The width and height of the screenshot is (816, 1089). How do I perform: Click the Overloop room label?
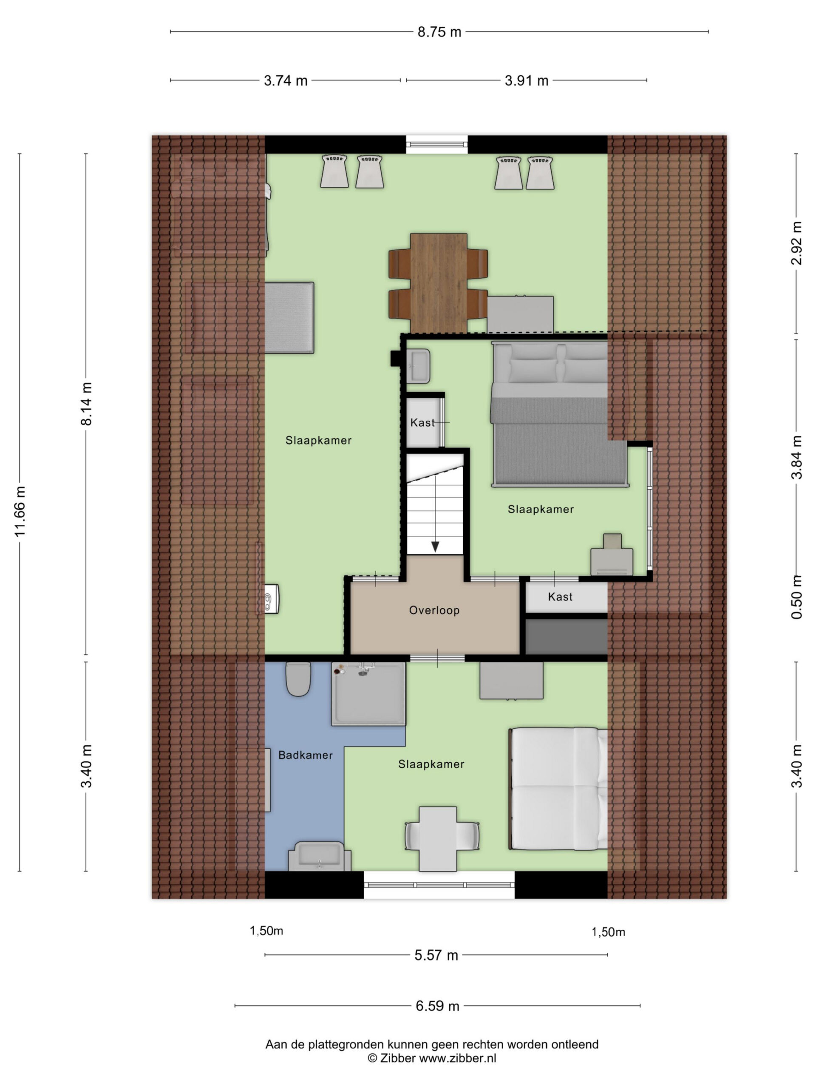434,610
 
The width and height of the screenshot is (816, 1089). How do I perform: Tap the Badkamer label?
306,755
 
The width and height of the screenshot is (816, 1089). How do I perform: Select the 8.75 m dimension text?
439,32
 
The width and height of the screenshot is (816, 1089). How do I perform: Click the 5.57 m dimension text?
436,955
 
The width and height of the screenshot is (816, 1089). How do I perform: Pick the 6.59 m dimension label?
437,1006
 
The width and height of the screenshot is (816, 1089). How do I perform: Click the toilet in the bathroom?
298,679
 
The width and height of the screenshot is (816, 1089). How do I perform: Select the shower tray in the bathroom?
368,694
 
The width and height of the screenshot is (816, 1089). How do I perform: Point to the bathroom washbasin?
319,857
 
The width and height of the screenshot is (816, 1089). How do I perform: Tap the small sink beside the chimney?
418,366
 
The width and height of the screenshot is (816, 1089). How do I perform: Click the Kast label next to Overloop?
560,597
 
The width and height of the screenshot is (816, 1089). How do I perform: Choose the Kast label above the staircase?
422,423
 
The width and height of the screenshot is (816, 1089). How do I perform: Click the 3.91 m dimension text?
526,81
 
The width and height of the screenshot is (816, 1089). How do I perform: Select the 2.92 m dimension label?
796,243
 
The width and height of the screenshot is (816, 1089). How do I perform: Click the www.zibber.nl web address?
457,1058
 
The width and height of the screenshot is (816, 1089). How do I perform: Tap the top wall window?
437,145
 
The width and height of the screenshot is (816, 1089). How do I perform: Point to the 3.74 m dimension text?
286,81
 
